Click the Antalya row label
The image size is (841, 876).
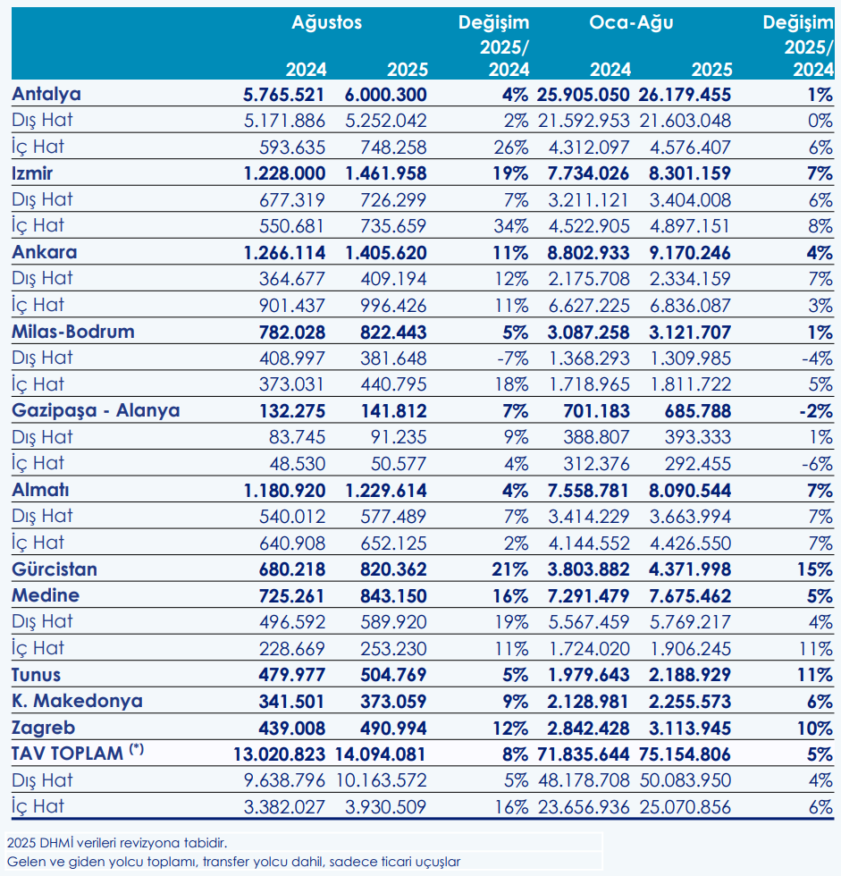click(x=46, y=95)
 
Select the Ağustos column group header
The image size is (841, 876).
click(x=327, y=23)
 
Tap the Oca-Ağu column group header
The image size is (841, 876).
click(x=631, y=23)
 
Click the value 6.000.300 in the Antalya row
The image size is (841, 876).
click(x=386, y=95)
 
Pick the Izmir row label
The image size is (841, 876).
click(x=32, y=173)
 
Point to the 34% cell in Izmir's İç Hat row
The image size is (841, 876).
click(x=511, y=226)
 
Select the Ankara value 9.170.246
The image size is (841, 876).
click(x=690, y=253)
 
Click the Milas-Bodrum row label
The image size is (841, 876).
click(x=73, y=332)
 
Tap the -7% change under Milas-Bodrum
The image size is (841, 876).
click(x=513, y=358)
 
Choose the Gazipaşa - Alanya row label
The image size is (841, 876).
click(x=96, y=411)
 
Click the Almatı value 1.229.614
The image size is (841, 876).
click(x=386, y=491)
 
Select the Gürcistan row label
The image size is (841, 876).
click(x=55, y=569)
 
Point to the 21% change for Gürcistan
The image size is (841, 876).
click(x=510, y=569)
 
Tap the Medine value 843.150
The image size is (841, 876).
click(x=394, y=596)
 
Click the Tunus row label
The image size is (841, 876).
click(x=37, y=675)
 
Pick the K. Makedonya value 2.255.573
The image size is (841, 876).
click(x=690, y=702)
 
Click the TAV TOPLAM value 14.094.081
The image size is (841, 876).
click(x=381, y=754)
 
